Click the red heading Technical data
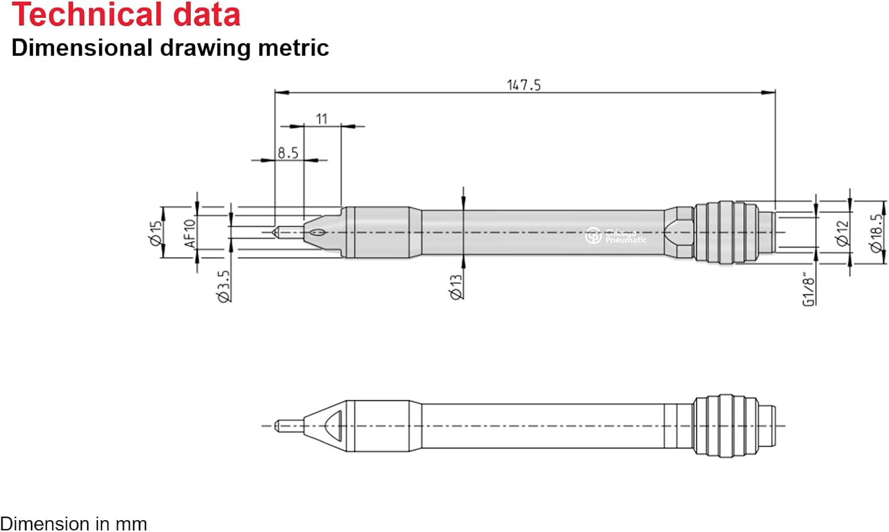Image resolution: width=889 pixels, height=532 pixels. (x=126, y=15)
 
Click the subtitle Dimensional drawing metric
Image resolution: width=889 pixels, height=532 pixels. (x=170, y=48)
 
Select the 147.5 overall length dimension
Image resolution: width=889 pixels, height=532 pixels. (x=524, y=85)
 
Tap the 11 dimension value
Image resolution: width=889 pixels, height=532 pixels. (x=321, y=119)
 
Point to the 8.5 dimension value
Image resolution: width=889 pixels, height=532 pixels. (x=288, y=153)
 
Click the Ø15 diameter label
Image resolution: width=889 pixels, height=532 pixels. (x=155, y=233)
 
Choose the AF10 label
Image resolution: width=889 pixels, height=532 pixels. (x=190, y=233)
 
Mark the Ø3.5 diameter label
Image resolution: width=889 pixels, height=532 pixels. (x=223, y=287)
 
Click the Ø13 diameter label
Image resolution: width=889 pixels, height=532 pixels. (x=456, y=287)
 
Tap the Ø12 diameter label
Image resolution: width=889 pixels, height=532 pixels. (x=842, y=233)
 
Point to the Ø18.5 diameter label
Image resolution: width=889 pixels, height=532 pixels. (x=876, y=233)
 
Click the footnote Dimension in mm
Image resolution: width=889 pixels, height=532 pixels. (x=73, y=524)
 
